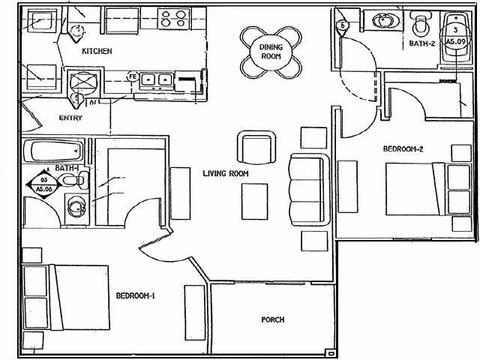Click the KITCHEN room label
97,51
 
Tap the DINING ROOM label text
271,52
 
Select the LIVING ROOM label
225,174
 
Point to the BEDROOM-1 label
135,295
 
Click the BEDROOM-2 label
403,149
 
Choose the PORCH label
272,319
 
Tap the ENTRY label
70,118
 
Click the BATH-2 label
422,44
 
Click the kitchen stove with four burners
175,18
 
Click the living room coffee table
253,201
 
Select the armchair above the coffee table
256,145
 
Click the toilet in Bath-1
73,181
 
